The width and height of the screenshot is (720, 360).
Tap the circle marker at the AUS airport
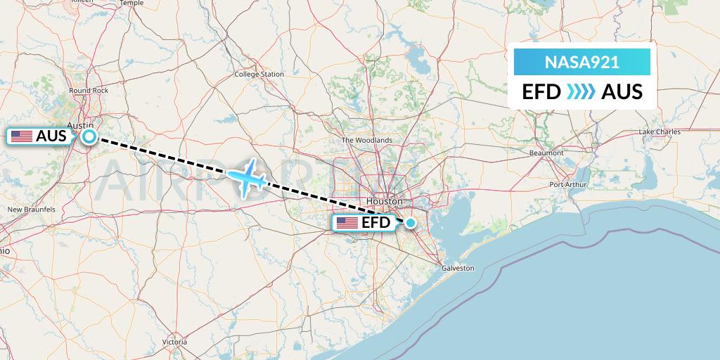89,136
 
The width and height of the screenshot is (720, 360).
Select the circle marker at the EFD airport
411,224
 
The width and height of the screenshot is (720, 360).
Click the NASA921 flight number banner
581,63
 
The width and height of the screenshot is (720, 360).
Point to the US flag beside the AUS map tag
22,136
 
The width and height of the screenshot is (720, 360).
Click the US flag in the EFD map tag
347,224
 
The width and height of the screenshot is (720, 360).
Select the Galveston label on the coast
458,268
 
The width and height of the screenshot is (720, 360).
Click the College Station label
259,74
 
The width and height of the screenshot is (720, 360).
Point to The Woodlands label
366,140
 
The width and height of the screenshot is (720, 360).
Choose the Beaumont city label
546,153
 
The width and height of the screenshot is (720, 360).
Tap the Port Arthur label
568,185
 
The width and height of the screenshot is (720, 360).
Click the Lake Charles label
660,132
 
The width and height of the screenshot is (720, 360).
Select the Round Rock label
89,91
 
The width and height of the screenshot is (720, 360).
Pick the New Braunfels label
31,210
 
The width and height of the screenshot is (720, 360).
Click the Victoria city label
174,342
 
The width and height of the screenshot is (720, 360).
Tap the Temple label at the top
131,3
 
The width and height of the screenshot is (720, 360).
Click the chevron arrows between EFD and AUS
581,92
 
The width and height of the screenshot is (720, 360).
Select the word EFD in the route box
542,92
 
